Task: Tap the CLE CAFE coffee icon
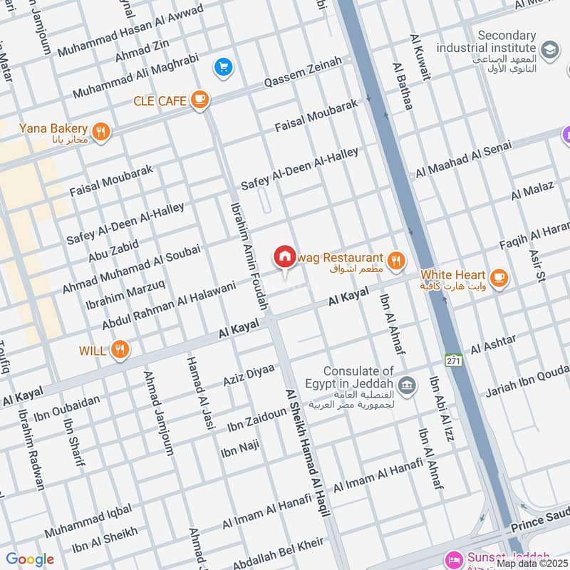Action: pyautogui.click(x=199, y=100)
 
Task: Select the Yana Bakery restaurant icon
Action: pyautogui.click(x=102, y=131)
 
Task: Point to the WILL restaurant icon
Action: pyautogui.click(x=120, y=350)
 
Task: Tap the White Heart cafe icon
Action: pyautogui.click(x=499, y=276)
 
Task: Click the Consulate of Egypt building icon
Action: pyautogui.click(x=407, y=386)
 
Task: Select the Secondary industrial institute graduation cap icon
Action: pyautogui.click(x=550, y=50)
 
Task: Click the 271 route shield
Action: pyautogui.click(x=454, y=361)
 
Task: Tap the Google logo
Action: pyautogui.click(x=30, y=559)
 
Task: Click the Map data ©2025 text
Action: pyautogui.click(x=532, y=564)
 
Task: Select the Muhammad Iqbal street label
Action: pyautogui.click(x=88, y=522)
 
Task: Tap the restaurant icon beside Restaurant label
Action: pyautogui.click(x=398, y=261)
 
